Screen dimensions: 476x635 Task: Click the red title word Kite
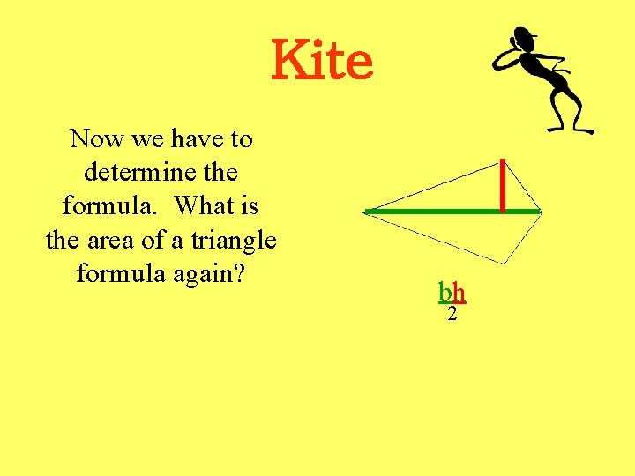322,60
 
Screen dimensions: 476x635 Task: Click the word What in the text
204,205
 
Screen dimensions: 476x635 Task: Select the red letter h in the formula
459,292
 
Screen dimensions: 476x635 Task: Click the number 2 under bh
452,314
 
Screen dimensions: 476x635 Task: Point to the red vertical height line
502,185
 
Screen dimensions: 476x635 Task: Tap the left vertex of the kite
366,212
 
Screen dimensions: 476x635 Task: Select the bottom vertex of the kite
504,264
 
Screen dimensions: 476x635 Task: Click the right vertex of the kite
540,212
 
